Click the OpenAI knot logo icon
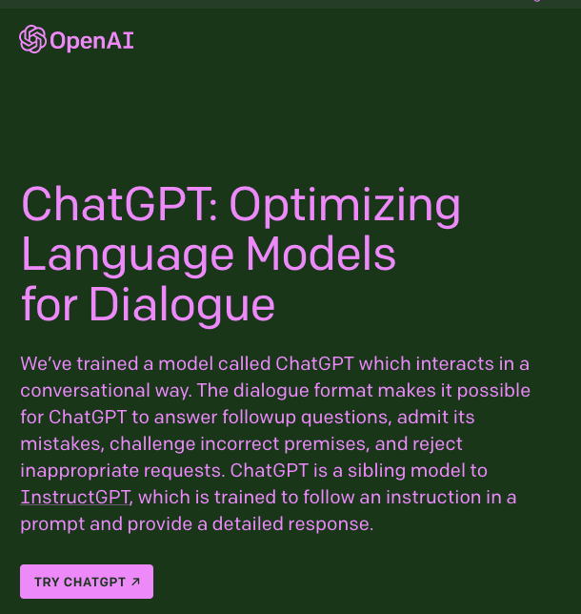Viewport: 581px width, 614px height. (32, 39)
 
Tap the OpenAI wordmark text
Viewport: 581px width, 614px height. (91, 40)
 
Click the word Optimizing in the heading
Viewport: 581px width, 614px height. (345, 205)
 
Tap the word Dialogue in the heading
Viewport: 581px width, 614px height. (182, 305)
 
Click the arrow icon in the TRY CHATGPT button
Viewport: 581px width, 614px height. (135, 582)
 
